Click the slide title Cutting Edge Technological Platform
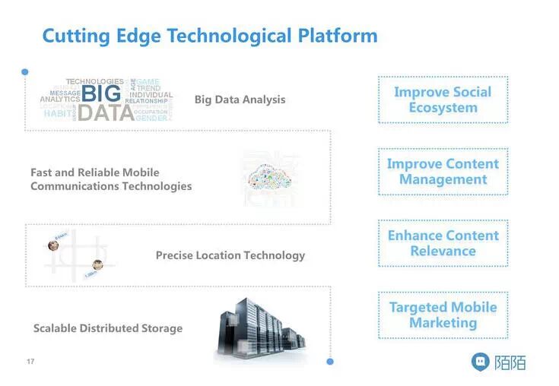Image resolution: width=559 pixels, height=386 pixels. point(209,36)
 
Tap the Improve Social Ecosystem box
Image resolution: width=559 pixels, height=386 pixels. point(443,100)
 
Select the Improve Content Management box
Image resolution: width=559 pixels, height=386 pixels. point(443,172)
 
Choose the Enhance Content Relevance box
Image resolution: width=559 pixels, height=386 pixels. point(443,243)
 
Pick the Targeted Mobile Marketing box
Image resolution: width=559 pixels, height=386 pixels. point(443,315)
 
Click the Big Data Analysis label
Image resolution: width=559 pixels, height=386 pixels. point(240,100)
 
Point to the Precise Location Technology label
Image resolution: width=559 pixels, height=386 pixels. point(230,255)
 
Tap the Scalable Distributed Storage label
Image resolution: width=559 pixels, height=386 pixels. point(108,328)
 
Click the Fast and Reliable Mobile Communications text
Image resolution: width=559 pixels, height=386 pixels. point(111,179)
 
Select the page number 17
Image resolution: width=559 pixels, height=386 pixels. point(30,361)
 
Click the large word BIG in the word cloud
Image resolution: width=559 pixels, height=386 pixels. point(100,94)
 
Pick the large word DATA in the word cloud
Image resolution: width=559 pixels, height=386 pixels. point(106,113)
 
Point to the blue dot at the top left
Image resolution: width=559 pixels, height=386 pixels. point(25,72)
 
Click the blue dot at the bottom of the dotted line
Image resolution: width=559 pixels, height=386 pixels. point(330,362)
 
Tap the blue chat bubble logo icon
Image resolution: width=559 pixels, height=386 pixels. point(481,362)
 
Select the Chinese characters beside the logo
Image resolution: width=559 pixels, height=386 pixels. point(510,362)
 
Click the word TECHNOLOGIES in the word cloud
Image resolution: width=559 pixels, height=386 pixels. point(94,81)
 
